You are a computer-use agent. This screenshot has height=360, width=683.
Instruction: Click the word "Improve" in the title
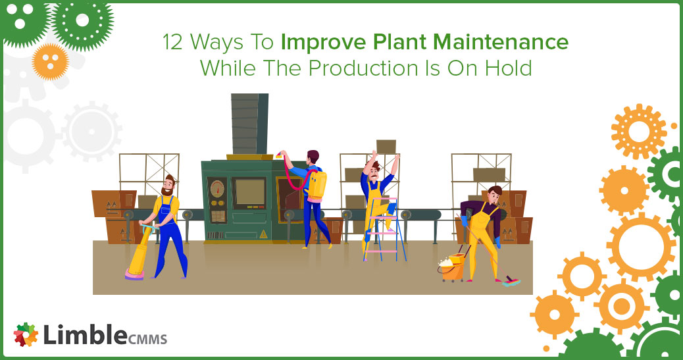(x=316, y=43)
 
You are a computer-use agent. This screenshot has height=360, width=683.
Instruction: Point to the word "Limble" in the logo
(x=85, y=336)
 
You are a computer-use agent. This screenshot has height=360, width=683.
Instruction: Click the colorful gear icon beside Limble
(x=26, y=335)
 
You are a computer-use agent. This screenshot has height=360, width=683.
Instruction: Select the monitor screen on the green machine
(x=250, y=192)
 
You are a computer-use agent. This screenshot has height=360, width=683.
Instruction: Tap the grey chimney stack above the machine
(x=249, y=124)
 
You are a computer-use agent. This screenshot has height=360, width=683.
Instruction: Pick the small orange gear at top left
(x=50, y=61)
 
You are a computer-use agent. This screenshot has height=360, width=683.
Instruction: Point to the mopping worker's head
(x=494, y=193)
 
